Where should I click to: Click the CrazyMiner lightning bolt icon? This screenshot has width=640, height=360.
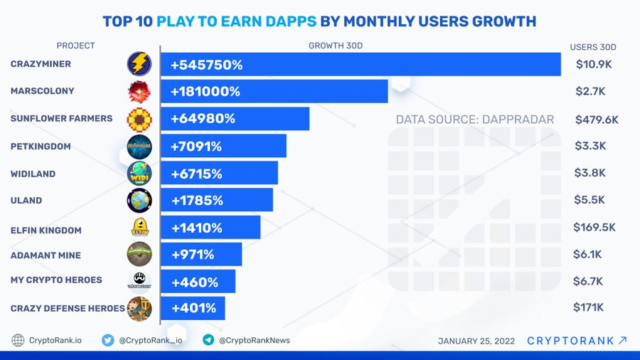point(139,64)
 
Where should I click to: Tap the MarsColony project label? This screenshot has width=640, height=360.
point(42,91)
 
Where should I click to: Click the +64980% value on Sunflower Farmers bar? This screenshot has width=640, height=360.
point(203,119)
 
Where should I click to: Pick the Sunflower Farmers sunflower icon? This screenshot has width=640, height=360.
point(139,119)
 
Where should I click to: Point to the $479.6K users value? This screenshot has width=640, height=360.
point(597,120)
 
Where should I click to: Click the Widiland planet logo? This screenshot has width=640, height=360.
point(139,174)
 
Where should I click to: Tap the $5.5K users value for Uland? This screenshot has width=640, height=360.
point(590,201)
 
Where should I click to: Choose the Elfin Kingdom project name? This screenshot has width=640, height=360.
point(46,230)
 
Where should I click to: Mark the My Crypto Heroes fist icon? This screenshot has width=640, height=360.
point(139,280)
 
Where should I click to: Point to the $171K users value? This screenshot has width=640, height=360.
point(590,307)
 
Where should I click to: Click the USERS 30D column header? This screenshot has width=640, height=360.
point(593,47)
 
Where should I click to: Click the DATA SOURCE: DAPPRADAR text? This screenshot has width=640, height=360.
point(474,120)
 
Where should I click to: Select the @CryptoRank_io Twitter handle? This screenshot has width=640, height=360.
point(150,340)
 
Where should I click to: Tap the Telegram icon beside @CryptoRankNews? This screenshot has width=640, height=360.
point(208,340)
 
